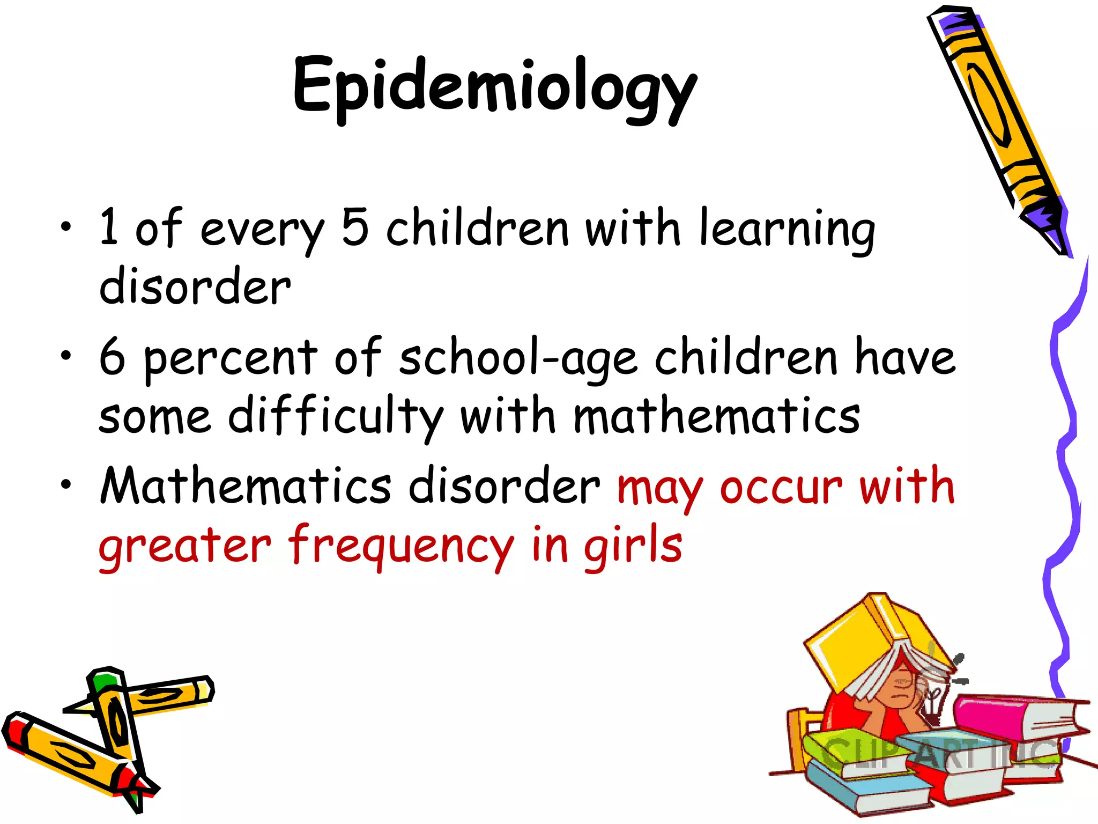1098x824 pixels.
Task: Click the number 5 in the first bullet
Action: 355,227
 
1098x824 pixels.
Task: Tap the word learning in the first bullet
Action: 787,230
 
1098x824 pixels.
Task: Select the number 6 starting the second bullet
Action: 112,356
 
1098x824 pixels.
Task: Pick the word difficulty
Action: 336,417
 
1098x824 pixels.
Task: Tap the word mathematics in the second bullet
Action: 717,417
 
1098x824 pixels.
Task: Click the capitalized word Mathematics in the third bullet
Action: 246,486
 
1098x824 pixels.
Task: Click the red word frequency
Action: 401,547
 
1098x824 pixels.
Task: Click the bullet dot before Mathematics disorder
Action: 65,485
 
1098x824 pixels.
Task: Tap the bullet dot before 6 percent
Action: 65,355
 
